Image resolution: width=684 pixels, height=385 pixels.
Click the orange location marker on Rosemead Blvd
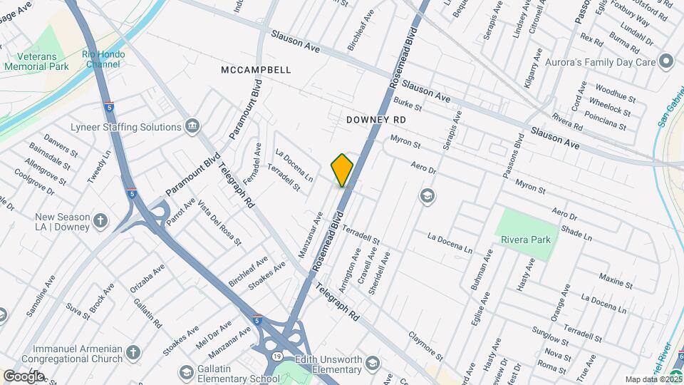[x=343, y=170]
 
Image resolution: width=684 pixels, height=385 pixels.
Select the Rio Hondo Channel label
[x=103, y=59]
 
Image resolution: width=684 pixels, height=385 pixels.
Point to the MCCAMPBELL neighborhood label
[x=256, y=70]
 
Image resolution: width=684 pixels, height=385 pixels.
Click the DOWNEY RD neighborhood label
[x=375, y=120]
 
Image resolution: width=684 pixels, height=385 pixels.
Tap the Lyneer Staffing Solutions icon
[x=192, y=127]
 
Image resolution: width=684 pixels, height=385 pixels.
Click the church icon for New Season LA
[x=100, y=220]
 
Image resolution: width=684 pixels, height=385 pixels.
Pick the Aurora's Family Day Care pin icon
[x=666, y=61]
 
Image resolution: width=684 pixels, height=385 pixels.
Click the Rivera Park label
[x=526, y=240]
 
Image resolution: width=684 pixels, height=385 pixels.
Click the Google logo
[x=24, y=376]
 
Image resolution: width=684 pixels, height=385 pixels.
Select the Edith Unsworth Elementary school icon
[x=372, y=365]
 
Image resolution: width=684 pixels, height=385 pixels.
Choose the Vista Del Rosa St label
[x=219, y=222]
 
